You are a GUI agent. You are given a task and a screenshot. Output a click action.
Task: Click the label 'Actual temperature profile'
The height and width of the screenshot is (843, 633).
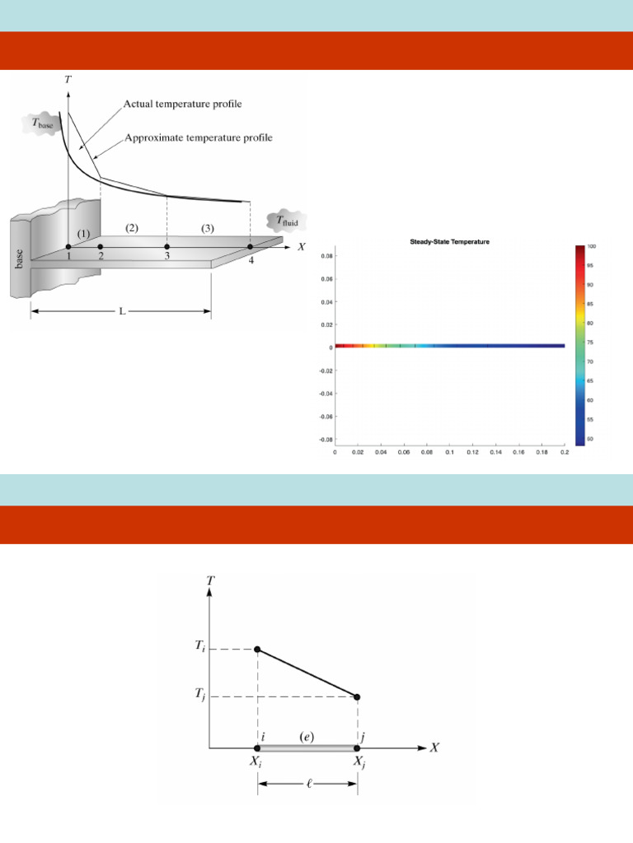coord(182,104)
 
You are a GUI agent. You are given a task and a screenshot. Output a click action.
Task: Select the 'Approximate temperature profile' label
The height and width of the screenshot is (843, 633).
coord(198,137)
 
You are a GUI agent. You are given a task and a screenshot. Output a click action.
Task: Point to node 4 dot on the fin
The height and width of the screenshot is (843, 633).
coord(251,246)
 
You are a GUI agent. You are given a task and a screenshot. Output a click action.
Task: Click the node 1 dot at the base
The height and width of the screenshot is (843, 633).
coord(68,246)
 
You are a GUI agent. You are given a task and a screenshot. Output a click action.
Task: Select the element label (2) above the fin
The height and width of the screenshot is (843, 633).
coord(132,227)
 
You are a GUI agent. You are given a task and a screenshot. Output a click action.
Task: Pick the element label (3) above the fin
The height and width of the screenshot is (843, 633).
coord(207,227)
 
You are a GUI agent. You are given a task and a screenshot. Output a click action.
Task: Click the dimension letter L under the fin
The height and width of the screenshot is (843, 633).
coord(122,313)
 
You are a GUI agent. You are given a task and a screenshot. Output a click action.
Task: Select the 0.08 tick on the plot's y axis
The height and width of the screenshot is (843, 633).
coord(326,255)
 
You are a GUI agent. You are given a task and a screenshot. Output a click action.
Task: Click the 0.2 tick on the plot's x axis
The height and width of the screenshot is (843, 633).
coord(564,452)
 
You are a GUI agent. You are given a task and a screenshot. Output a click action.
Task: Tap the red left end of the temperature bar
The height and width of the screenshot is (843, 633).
coord(340,347)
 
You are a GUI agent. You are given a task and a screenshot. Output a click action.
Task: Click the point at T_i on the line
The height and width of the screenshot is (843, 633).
coord(258,650)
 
